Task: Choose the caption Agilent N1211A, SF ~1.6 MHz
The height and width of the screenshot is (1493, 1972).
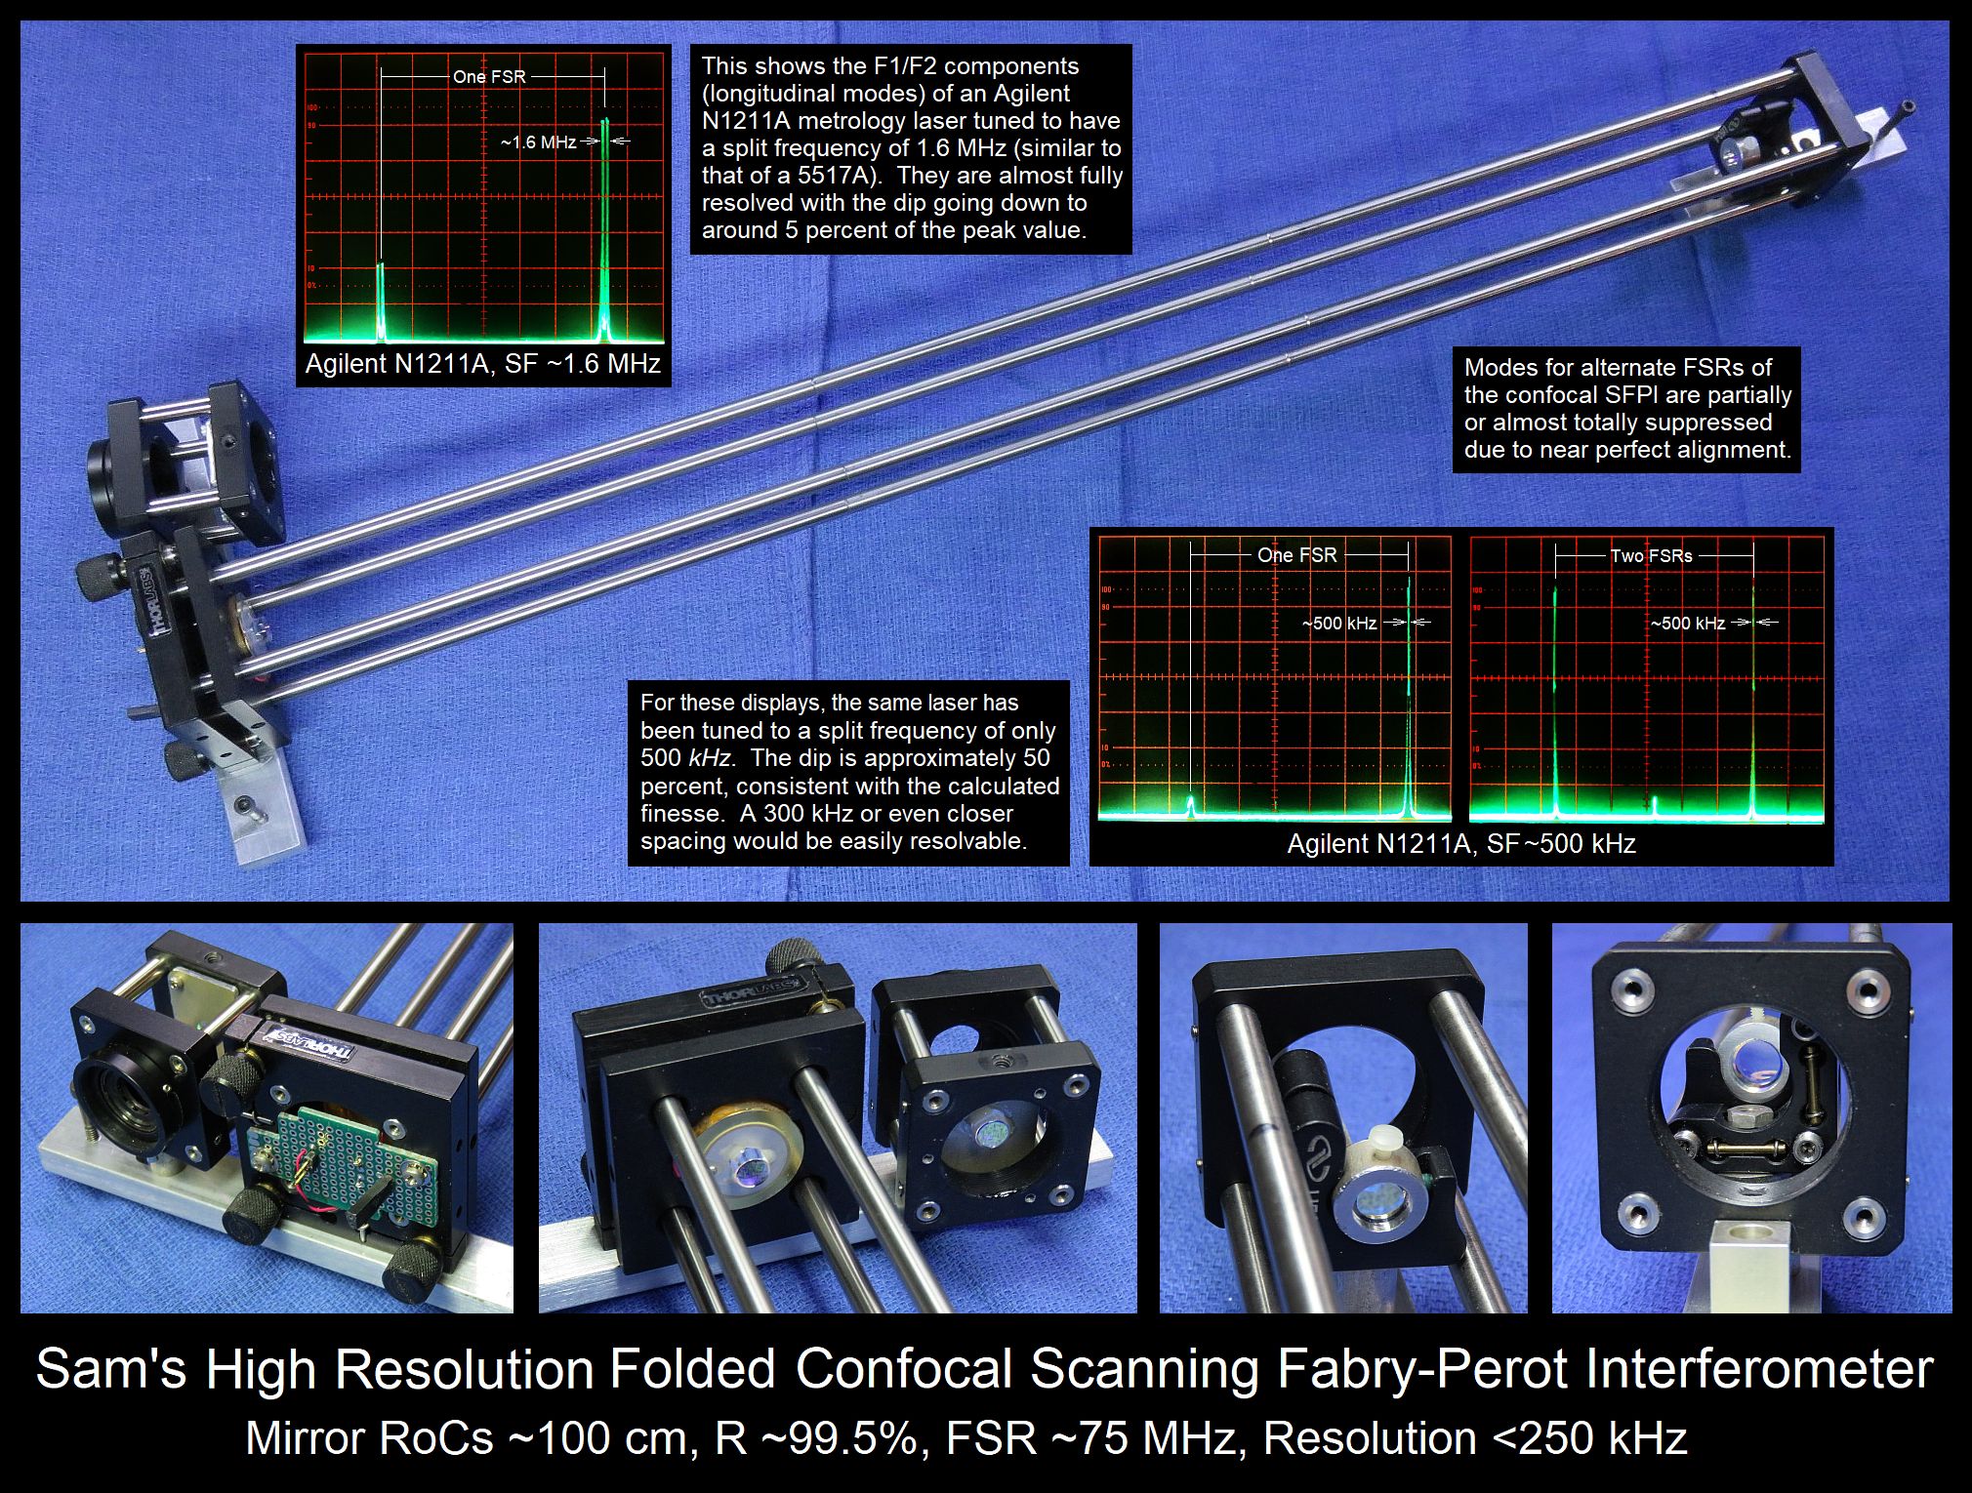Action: click(x=483, y=364)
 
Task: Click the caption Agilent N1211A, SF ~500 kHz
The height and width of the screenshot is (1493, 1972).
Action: click(x=1461, y=843)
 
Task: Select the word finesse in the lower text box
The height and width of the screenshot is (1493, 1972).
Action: click(x=680, y=813)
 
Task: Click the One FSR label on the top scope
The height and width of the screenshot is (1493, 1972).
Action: click(x=489, y=76)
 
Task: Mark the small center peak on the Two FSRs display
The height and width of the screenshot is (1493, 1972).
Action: click(x=1655, y=805)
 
